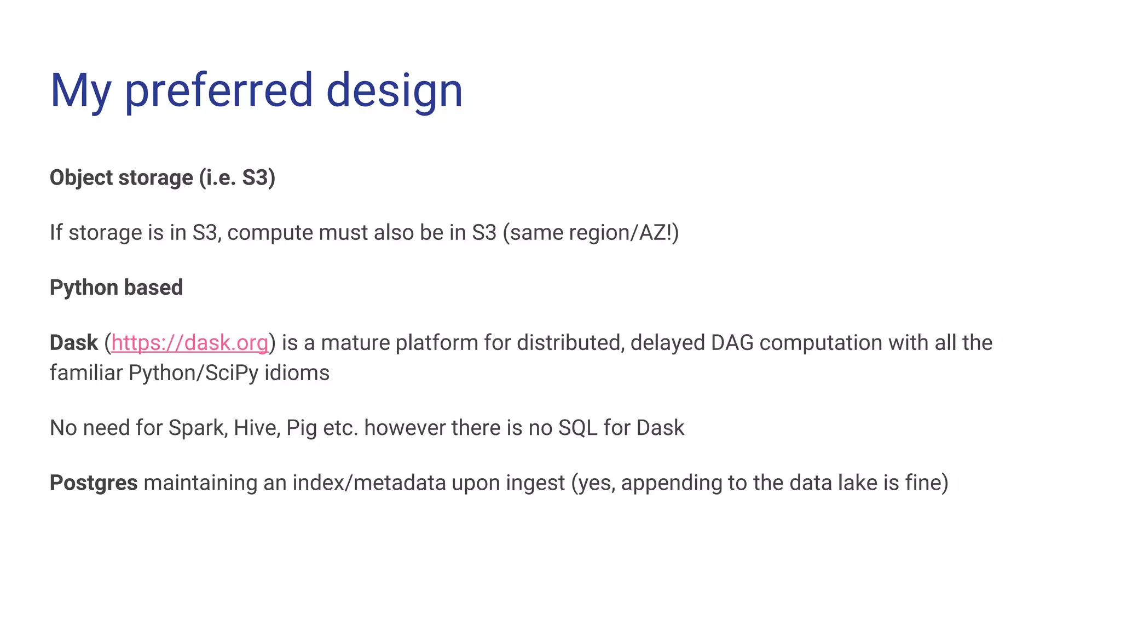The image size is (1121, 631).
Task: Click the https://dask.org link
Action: (x=190, y=343)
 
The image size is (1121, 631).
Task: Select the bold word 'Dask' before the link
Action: (x=73, y=343)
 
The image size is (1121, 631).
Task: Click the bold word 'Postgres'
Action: (x=94, y=483)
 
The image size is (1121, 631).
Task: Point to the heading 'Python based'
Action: (x=116, y=288)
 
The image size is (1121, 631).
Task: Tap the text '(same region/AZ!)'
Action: (x=591, y=232)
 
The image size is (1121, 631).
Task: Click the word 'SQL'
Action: (x=577, y=428)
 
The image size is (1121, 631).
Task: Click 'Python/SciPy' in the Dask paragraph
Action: (x=193, y=373)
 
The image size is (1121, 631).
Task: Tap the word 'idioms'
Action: (x=297, y=373)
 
